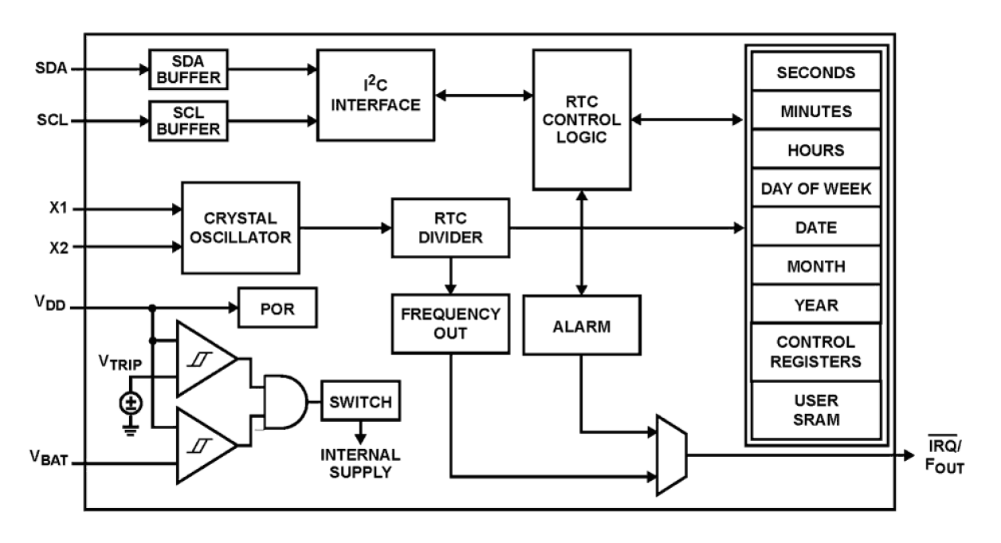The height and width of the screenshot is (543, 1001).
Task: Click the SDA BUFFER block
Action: (x=188, y=69)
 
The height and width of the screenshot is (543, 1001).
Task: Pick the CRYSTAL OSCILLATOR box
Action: (x=241, y=227)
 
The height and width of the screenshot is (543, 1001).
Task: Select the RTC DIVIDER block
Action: (x=449, y=228)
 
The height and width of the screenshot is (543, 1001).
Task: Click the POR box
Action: (x=277, y=308)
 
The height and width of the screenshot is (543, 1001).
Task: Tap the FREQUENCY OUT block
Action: (x=449, y=324)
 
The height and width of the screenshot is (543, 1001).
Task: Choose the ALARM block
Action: (x=582, y=325)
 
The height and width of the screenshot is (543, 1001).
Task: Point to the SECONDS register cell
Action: (x=815, y=73)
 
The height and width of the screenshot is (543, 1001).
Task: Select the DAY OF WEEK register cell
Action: (x=815, y=189)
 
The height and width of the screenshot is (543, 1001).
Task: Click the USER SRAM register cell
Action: (x=815, y=409)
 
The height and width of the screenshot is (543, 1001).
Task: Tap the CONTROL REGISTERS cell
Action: (x=815, y=352)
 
